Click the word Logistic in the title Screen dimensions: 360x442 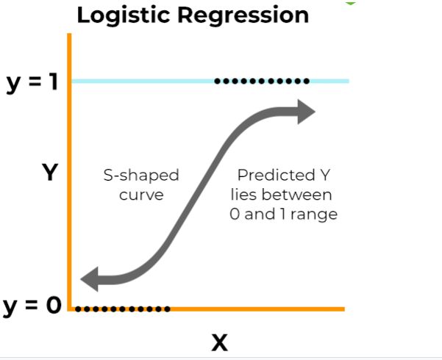[121, 15]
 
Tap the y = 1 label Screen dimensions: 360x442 [32, 82]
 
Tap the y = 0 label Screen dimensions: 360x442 [32, 304]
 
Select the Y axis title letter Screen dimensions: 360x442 [49, 173]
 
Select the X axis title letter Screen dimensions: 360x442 [219, 342]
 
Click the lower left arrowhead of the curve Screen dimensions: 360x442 [91, 279]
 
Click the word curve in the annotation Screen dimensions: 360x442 [141, 195]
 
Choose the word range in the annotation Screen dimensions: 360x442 [313, 215]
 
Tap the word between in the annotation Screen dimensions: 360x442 [297, 195]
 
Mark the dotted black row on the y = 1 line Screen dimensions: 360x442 [262, 81]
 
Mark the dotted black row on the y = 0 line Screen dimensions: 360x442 [124, 309]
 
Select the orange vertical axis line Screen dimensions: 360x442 [70, 184]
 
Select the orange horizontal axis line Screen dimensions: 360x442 [257, 309]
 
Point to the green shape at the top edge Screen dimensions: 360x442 [350, 2]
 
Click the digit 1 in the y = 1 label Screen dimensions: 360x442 [54, 82]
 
